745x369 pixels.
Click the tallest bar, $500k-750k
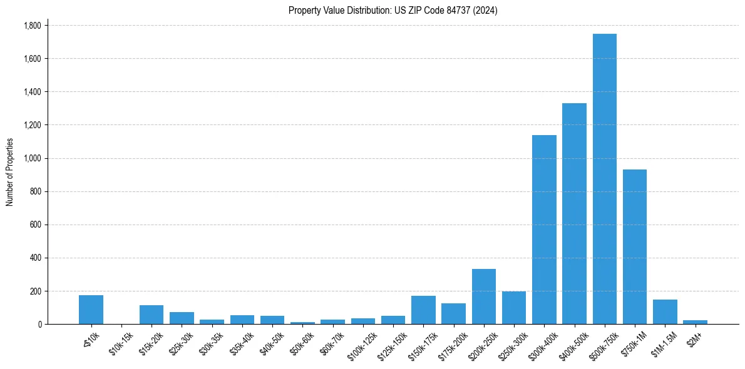[605, 179]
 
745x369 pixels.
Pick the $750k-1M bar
[635, 247]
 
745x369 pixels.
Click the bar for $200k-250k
[484, 296]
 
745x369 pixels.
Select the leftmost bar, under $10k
[91, 310]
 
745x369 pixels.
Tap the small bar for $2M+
[695, 322]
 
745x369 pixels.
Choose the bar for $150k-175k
[423, 310]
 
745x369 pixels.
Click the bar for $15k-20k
[152, 315]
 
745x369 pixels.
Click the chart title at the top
[393, 10]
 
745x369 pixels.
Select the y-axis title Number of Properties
[10, 172]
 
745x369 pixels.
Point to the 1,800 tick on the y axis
[32, 26]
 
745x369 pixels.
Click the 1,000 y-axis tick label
[32, 158]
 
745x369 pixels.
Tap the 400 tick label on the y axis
[35, 258]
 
